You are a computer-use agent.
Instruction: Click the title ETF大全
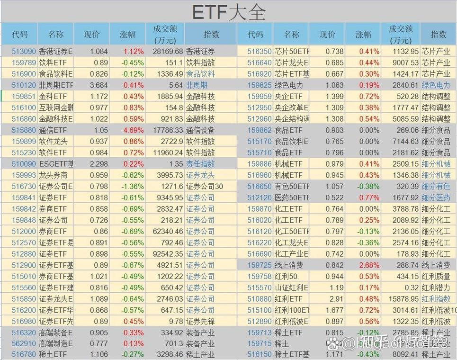click(x=229, y=12)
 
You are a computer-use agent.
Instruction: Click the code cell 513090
click(x=24, y=51)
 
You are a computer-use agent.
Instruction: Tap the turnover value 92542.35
click(x=165, y=254)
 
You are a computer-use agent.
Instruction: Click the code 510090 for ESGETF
click(x=24, y=164)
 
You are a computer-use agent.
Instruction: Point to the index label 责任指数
click(x=200, y=164)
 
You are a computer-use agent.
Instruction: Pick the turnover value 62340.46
click(x=165, y=232)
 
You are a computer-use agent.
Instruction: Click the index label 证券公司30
click(x=205, y=187)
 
